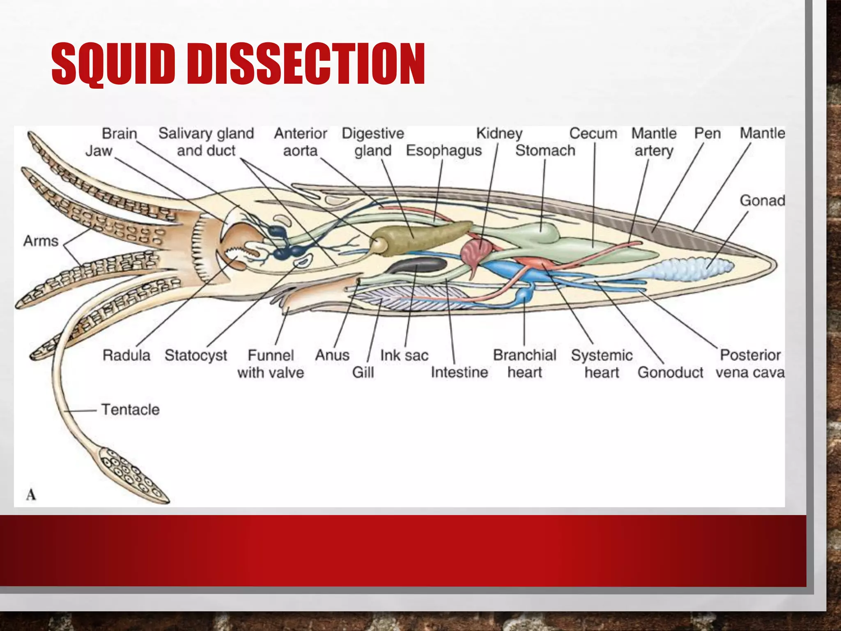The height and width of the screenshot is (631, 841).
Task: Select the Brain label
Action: pos(119,134)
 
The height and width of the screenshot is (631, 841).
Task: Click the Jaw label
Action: pos(99,151)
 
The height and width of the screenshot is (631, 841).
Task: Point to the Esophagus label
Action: pos(443,151)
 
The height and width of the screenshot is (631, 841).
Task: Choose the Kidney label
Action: pos(499,134)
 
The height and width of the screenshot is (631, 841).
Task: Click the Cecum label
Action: pos(593,134)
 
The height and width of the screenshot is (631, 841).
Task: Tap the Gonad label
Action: pos(762,200)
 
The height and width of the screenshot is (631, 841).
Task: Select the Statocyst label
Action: pos(195,355)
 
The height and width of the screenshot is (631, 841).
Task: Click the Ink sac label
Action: pos(404,355)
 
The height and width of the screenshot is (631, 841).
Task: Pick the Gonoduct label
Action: pos(670,373)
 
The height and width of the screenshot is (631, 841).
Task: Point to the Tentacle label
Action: pos(130,410)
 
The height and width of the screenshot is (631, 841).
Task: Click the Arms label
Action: pos(41,241)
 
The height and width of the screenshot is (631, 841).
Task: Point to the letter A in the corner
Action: pos(31,494)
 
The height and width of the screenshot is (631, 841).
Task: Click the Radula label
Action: pos(126,355)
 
